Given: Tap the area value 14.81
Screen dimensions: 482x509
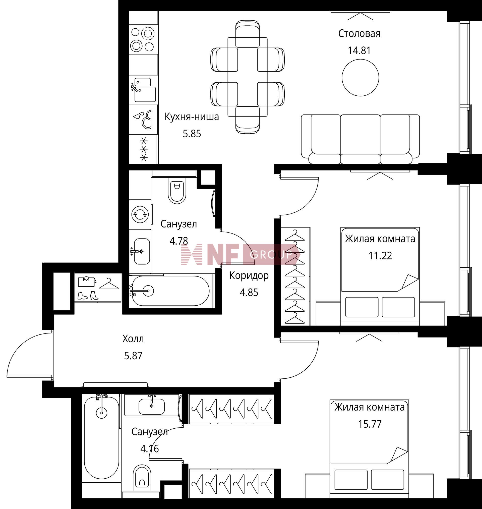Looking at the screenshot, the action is coord(359,51).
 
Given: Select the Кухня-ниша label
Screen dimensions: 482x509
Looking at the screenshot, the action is coord(192,117).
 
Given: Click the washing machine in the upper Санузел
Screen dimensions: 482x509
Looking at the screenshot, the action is coord(140,214).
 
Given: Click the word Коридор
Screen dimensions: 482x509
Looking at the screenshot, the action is coord(249,276).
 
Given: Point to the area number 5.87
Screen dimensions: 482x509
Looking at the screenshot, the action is coord(133,356).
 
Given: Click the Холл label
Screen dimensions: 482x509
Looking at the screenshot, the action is coord(133,339).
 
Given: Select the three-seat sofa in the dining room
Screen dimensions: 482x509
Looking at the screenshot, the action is coord(360,139).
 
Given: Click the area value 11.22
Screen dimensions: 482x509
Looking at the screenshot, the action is coord(380,256).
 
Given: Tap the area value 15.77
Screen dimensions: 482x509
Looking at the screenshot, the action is coord(370,424).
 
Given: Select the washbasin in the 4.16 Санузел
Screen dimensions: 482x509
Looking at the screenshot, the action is coord(152,407).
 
